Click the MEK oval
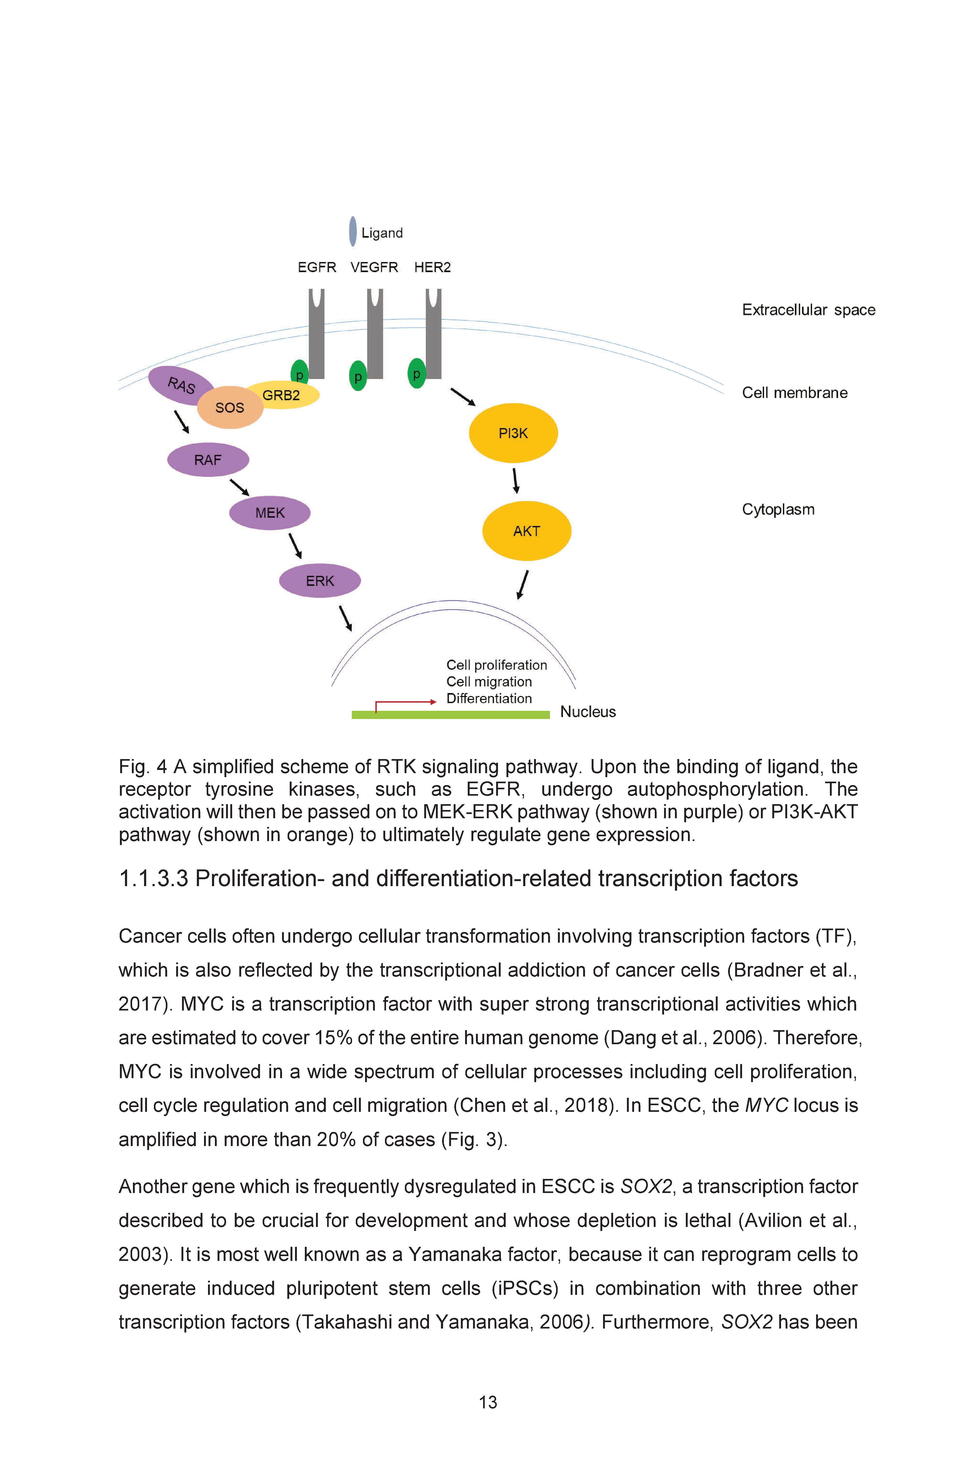pyautogui.click(x=270, y=513)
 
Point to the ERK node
pyautogui.click(x=320, y=581)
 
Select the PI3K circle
pyautogui.click(x=513, y=433)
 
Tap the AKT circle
pyautogui.click(x=527, y=531)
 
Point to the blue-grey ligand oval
pyautogui.click(x=353, y=231)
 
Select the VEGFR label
pyautogui.click(x=374, y=267)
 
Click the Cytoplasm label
pyautogui.click(x=778, y=510)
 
